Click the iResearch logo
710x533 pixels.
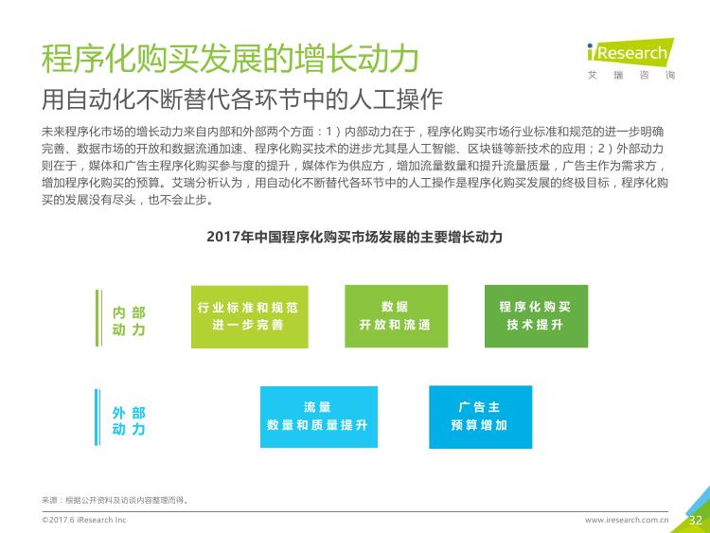coord(630,52)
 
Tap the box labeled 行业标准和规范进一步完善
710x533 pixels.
coord(250,316)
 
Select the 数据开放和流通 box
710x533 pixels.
coord(397,316)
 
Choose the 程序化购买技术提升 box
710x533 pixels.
coord(536,316)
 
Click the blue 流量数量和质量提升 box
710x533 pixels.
coord(319,417)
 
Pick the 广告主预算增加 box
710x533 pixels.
coord(480,417)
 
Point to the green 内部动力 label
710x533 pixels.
coord(129,321)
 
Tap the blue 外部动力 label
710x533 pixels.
coord(129,420)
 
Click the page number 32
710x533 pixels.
coord(696,520)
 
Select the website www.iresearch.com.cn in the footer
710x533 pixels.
coord(627,520)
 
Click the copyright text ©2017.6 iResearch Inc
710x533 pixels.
coord(83,520)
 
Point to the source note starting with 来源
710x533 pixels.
coord(115,500)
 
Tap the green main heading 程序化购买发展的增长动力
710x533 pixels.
coord(230,58)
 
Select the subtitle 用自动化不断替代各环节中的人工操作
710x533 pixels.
coord(242,99)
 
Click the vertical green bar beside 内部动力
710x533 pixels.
coord(98,318)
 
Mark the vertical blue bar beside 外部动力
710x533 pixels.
coord(98,418)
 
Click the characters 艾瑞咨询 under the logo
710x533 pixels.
coord(631,75)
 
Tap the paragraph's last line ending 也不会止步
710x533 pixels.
coord(128,200)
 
